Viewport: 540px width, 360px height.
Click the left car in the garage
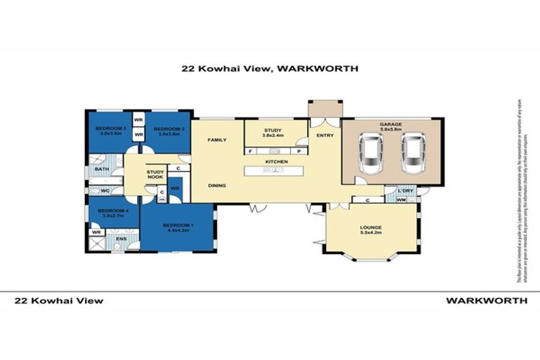point(371,155)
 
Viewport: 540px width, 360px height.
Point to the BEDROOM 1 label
point(176,225)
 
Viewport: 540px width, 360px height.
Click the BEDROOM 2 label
point(169,129)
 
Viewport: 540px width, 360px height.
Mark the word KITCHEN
point(276,162)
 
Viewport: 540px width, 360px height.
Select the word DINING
point(217,186)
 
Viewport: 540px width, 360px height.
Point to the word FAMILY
point(217,141)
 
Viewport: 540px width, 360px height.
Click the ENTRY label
point(325,135)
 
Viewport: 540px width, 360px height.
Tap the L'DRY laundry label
point(404,192)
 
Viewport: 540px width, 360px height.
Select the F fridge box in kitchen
point(251,150)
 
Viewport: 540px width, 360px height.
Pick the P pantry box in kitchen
point(299,150)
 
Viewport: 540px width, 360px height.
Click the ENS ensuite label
point(120,240)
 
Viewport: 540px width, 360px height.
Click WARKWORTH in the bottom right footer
point(487,300)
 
